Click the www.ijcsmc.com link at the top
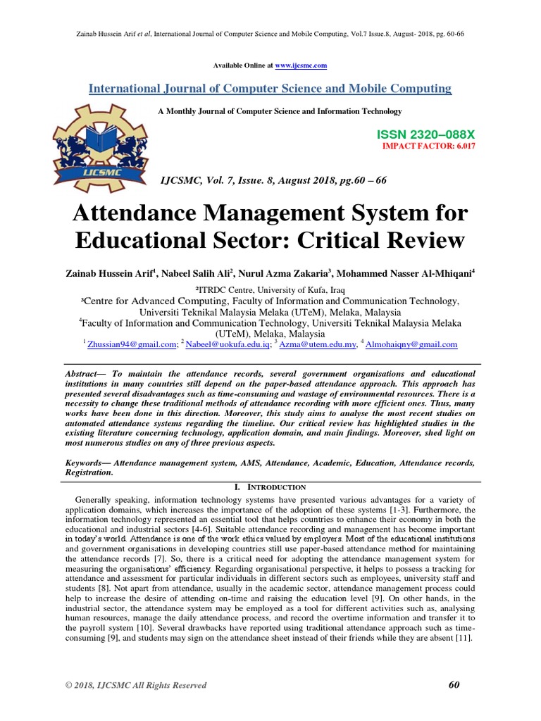click(301, 65)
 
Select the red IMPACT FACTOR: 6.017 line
click(418, 146)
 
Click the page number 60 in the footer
click(454, 684)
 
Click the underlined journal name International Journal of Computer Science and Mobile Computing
click(270, 89)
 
